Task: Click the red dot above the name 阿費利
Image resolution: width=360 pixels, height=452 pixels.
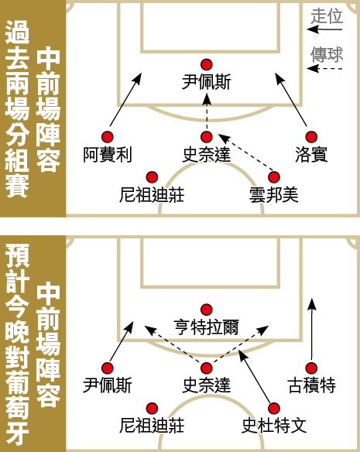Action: [x=108, y=137]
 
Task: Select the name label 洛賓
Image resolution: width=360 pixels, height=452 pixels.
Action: [x=311, y=155]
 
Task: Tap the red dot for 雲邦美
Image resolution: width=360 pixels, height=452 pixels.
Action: [x=274, y=177]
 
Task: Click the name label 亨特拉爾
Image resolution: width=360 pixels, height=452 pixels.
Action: [x=207, y=327]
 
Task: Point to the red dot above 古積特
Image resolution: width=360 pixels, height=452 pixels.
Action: [x=311, y=368]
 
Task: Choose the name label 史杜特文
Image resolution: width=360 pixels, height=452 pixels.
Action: [x=274, y=426]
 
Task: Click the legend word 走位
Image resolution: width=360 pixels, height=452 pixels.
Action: [x=327, y=15]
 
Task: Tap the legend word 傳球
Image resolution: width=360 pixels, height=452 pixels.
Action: [x=327, y=54]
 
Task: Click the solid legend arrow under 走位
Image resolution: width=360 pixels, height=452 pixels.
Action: [x=324, y=29]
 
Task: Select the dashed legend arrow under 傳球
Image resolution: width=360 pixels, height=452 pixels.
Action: [x=324, y=69]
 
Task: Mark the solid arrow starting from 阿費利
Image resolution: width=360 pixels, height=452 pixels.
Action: [x=125, y=99]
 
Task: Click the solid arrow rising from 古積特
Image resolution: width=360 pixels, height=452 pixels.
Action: [x=311, y=329]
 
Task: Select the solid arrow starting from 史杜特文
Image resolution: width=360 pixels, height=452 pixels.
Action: [x=255, y=376]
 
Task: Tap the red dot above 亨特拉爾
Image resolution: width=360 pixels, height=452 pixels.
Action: [x=207, y=310]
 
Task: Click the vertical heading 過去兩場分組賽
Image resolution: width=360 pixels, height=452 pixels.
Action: [x=17, y=108]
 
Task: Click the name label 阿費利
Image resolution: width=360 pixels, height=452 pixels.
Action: [x=108, y=155]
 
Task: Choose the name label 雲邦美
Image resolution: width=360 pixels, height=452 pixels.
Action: [x=274, y=195]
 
